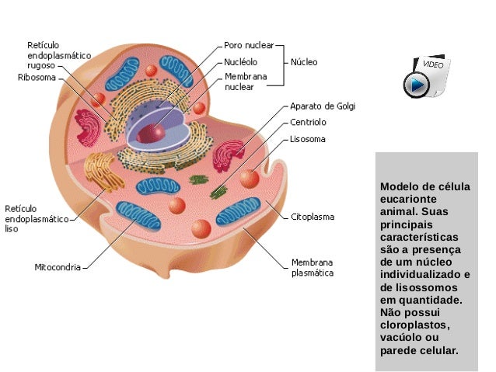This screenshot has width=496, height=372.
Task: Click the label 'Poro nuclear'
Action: pos(250,45)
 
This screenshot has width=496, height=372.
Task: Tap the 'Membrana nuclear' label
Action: pos(246,82)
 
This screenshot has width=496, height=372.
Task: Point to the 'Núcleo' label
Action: pos(304,61)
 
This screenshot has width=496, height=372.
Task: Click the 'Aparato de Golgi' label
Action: pos(323,106)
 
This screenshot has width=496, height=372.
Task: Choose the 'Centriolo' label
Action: pos(308,123)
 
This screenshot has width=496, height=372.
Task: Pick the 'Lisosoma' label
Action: pos(308,140)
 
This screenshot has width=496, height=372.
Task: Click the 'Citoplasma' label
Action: pos(313,217)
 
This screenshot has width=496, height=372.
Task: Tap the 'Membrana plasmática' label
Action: pos(313,267)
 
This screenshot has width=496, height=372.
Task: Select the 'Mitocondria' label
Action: pos(58,267)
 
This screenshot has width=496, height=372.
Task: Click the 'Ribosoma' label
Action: pos(36,78)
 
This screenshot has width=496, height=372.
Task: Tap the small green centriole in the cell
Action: pos(201,179)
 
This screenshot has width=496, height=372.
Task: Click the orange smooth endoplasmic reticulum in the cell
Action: pos(99,169)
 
